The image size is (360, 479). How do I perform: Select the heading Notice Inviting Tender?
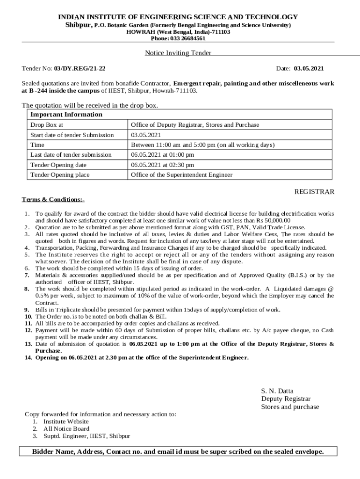click(x=178, y=53)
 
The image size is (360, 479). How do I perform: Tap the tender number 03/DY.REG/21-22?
click(x=79, y=69)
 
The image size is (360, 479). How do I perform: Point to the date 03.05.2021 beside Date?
click(x=309, y=69)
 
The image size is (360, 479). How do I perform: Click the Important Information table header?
click(x=66, y=115)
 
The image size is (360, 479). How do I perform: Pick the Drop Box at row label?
click(x=47, y=125)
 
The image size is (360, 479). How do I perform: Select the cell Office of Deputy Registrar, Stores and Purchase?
click(x=195, y=125)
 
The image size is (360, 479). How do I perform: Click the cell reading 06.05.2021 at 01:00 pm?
click(x=162, y=155)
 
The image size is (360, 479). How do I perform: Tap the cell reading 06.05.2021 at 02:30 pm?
click(x=162, y=165)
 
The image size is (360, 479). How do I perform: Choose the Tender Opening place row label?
click(x=60, y=175)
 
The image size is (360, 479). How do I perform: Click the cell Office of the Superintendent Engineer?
click(x=181, y=175)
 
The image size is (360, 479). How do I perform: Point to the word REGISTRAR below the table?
click(x=314, y=192)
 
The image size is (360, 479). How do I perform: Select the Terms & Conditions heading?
click(x=53, y=200)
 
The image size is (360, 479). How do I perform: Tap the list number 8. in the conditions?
click(x=27, y=289)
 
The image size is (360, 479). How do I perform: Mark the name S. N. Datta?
click(x=277, y=391)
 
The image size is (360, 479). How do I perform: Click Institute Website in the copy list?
click(x=66, y=421)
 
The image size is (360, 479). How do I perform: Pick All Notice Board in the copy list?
click(x=66, y=428)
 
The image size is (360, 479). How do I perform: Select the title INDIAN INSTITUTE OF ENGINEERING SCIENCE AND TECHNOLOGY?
click(x=178, y=17)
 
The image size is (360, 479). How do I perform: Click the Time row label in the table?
click(x=37, y=145)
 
